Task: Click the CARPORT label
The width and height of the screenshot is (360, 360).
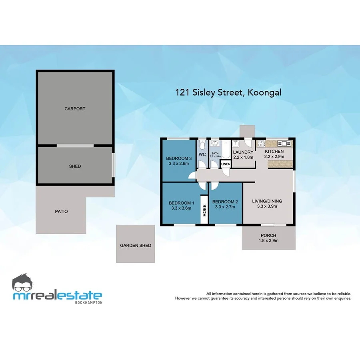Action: (x=75, y=109)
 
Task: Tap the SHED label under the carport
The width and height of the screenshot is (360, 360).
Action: (x=75, y=166)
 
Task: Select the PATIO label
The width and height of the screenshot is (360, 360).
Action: (x=61, y=211)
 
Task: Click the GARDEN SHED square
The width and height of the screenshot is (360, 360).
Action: (x=136, y=244)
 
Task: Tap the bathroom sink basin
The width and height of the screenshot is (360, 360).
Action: (x=215, y=144)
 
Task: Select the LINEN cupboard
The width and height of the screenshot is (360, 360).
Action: (x=225, y=164)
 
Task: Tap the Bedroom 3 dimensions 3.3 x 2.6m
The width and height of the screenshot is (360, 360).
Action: (x=179, y=163)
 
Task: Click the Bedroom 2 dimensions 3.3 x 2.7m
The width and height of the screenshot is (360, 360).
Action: (x=225, y=207)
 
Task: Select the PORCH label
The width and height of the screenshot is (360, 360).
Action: (x=268, y=235)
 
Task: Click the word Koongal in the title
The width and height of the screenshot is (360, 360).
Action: (x=264, y=92)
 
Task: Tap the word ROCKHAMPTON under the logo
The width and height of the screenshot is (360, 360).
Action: (x=88, y=302)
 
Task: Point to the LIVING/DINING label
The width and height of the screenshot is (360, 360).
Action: (x=267, y=201)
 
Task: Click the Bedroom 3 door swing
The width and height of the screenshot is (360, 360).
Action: (x=192, y=175)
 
